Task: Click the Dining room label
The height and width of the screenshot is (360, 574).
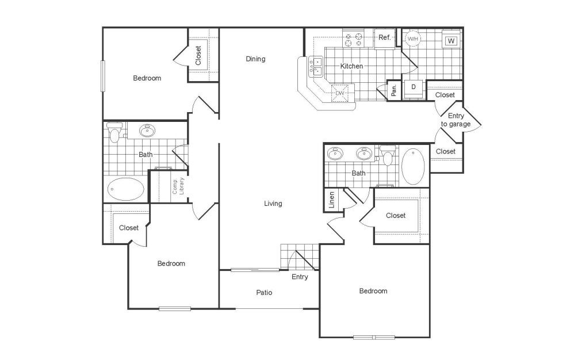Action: pos(255,59)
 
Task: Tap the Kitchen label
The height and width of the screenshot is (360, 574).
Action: pos(351,66)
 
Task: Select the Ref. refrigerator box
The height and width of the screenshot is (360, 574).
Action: pos(385,38)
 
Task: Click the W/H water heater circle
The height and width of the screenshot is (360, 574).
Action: pos(413,39)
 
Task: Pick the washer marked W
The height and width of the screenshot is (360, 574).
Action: pos(451,41)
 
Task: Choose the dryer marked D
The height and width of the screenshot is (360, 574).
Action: pos(413,87)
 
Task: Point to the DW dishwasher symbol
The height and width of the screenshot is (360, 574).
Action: pos(340,92)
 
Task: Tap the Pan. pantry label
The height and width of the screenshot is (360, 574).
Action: pos(394,90)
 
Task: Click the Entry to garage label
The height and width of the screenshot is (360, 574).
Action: pos(456,120)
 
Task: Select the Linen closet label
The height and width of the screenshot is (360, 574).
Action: pos(331,200)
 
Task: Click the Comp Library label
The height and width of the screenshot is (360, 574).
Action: pos(178,187)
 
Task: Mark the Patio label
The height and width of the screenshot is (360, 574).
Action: pos(264,293)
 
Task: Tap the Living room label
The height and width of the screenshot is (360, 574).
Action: pos(273,203)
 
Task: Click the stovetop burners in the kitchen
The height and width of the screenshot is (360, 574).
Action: pos(353,39)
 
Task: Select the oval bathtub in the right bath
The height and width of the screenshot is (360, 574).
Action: pos(413,166)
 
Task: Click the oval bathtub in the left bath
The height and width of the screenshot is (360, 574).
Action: pos(126,189)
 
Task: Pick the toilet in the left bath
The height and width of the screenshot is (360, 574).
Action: pos(114,134)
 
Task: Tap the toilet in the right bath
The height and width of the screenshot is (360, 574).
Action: pos(388,156)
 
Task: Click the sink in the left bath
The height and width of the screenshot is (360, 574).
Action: pos(148,131)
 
